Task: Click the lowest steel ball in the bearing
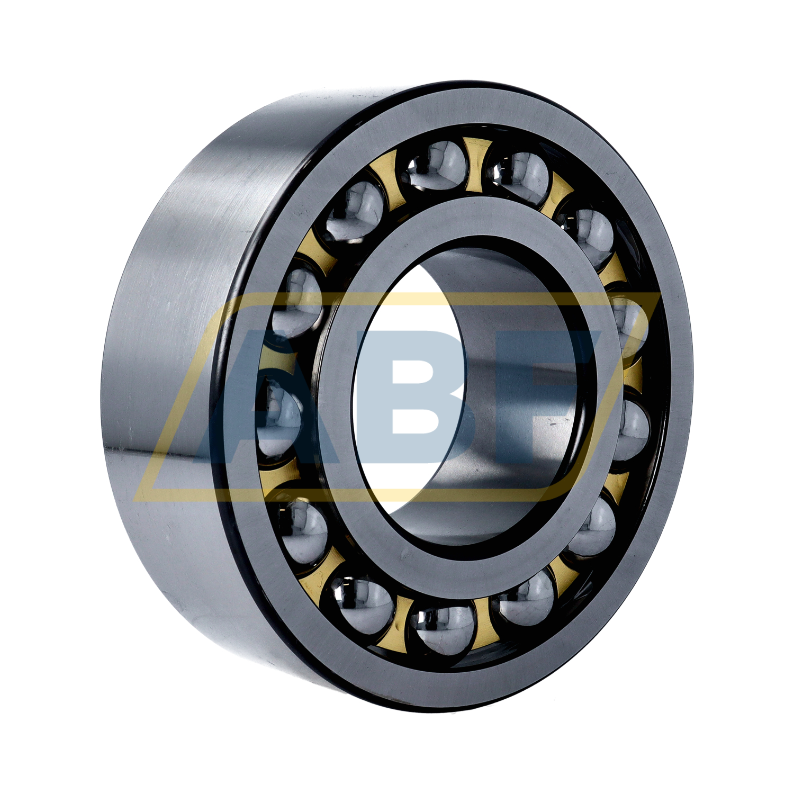442,630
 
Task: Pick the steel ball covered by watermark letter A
278,418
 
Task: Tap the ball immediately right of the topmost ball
519,177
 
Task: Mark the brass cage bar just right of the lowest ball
484,625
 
